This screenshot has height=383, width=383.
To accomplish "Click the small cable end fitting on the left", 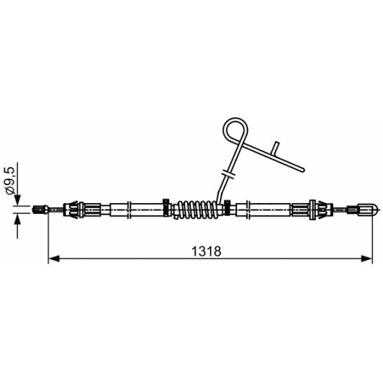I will pos(40,210).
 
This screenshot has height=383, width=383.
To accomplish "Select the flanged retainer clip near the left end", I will pos(76,209).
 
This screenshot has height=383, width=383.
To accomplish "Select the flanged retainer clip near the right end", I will pos(314,209).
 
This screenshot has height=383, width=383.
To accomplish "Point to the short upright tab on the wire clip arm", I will pos(274,148).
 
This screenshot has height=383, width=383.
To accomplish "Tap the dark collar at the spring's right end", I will pos(227,209).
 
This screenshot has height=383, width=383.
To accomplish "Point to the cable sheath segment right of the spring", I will pos(266,209).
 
